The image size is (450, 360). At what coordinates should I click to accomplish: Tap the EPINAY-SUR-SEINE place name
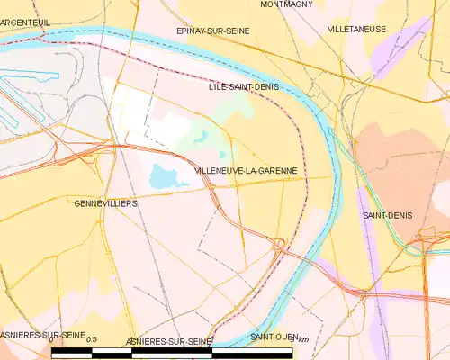(212, 31)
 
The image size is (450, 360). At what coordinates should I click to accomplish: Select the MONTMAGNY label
(286, 4)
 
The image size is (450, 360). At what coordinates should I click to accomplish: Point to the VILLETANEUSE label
(357, 29)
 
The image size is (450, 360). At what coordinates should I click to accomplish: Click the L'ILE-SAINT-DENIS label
(243, 86)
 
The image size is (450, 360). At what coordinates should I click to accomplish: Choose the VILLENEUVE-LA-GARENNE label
(246, 170)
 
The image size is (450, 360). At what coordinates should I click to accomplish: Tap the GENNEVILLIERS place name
(105, 204)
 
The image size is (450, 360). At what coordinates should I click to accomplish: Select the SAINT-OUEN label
(274, 337)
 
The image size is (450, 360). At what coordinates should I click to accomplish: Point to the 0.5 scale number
(91, 337)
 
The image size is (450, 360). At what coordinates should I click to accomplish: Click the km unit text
(303, 338)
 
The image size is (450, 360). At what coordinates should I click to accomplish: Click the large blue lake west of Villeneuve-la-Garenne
(163, 175)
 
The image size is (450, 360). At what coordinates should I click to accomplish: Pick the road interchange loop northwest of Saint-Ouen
(280, 243)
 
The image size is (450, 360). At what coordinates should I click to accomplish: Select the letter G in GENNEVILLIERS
(77, 204)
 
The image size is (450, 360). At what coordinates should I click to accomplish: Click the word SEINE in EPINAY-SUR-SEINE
(235, 31)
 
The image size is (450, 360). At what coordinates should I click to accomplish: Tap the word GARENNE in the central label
(276, 170)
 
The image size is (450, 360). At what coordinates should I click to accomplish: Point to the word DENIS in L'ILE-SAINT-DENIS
(265, 86)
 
